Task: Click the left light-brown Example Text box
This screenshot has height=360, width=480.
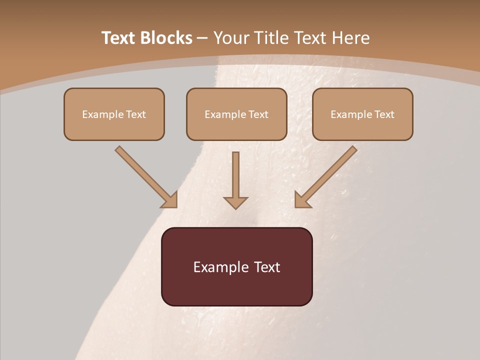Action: pyautogui.click(x=114, y=114)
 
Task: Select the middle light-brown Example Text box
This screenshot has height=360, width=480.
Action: pyautogui.click(x=236, y=114)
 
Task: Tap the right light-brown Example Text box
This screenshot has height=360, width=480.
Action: pyautogui.click(x=362, y=114)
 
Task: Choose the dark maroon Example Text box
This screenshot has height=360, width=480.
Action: pyautogui.click(x=236, y=266)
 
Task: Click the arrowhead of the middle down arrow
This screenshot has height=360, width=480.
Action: pyautogui.click(x=235, y=202)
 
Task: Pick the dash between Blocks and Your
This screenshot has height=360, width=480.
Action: pyautogui.click(x=202, y=38)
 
